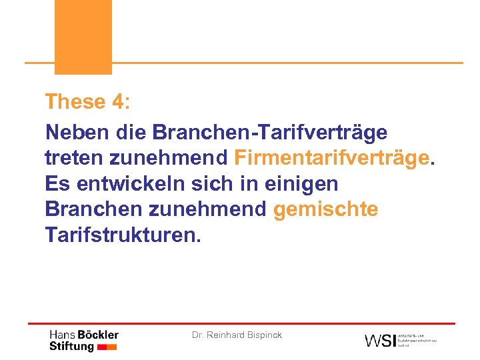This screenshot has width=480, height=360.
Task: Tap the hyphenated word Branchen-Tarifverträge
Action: [x=269, y=132]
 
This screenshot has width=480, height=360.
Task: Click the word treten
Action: [x=73, y=158]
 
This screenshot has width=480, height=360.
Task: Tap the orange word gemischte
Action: [x=326, y=209]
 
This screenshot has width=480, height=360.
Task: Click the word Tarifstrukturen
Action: [x=122, y=235]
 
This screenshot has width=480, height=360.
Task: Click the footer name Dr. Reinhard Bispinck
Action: [x=237, y=335]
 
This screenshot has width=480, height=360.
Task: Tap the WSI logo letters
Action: [x=379, y=340]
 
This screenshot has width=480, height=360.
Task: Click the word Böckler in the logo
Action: [x=98, y=335]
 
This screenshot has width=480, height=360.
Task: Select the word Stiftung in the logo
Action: [x=71, y=347]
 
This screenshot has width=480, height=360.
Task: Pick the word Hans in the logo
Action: [x=63, y=335]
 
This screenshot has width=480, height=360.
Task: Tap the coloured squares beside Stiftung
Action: [x=107, y=347]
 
